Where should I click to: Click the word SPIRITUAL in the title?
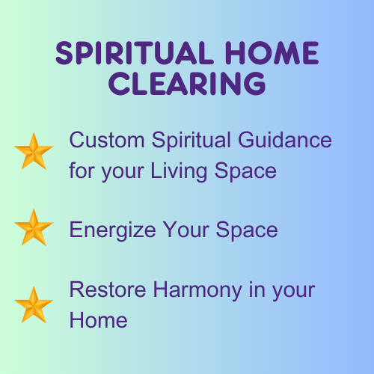coord(135,53)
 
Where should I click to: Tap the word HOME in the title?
coord(272,53)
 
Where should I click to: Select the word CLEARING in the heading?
coord(187,84)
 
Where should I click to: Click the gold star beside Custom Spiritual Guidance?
coord(34,151)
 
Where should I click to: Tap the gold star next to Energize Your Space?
coord(34,227)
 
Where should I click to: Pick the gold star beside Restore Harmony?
coord(34,304)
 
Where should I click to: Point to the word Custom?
coord(107,140)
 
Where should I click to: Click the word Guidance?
coord(285,140)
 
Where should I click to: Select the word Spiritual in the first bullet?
coord(191,141)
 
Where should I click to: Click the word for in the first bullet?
coord(82,171)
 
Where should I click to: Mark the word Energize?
coord(112,231)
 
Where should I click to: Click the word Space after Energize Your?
coord(247,231)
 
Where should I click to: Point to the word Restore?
coord(108,289)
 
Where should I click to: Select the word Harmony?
coord(197,291)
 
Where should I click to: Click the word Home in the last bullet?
coord(99,321)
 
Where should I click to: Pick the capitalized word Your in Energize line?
coord(186,230)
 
